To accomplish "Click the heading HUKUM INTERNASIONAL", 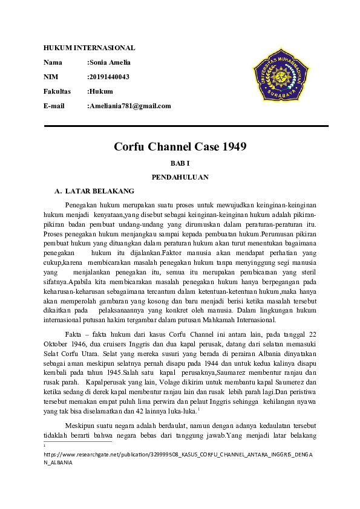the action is (x=89, y=48).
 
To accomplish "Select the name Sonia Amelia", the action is (x=110, y=62).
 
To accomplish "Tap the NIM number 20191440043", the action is (x=110, y=77).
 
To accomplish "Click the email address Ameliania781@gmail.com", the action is (x=130, y=106).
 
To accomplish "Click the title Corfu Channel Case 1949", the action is (x=180, y=147).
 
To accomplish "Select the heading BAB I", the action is (x=180, y=163).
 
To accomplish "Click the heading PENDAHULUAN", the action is (x=180, y=177).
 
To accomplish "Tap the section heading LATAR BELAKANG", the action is (x=99, y=191).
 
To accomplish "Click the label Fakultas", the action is (x=57, y=91).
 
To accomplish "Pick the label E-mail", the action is (x=54, y=106).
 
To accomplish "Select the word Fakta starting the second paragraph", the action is (x=74, y=334).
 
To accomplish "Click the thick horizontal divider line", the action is (x=186, y=126).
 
